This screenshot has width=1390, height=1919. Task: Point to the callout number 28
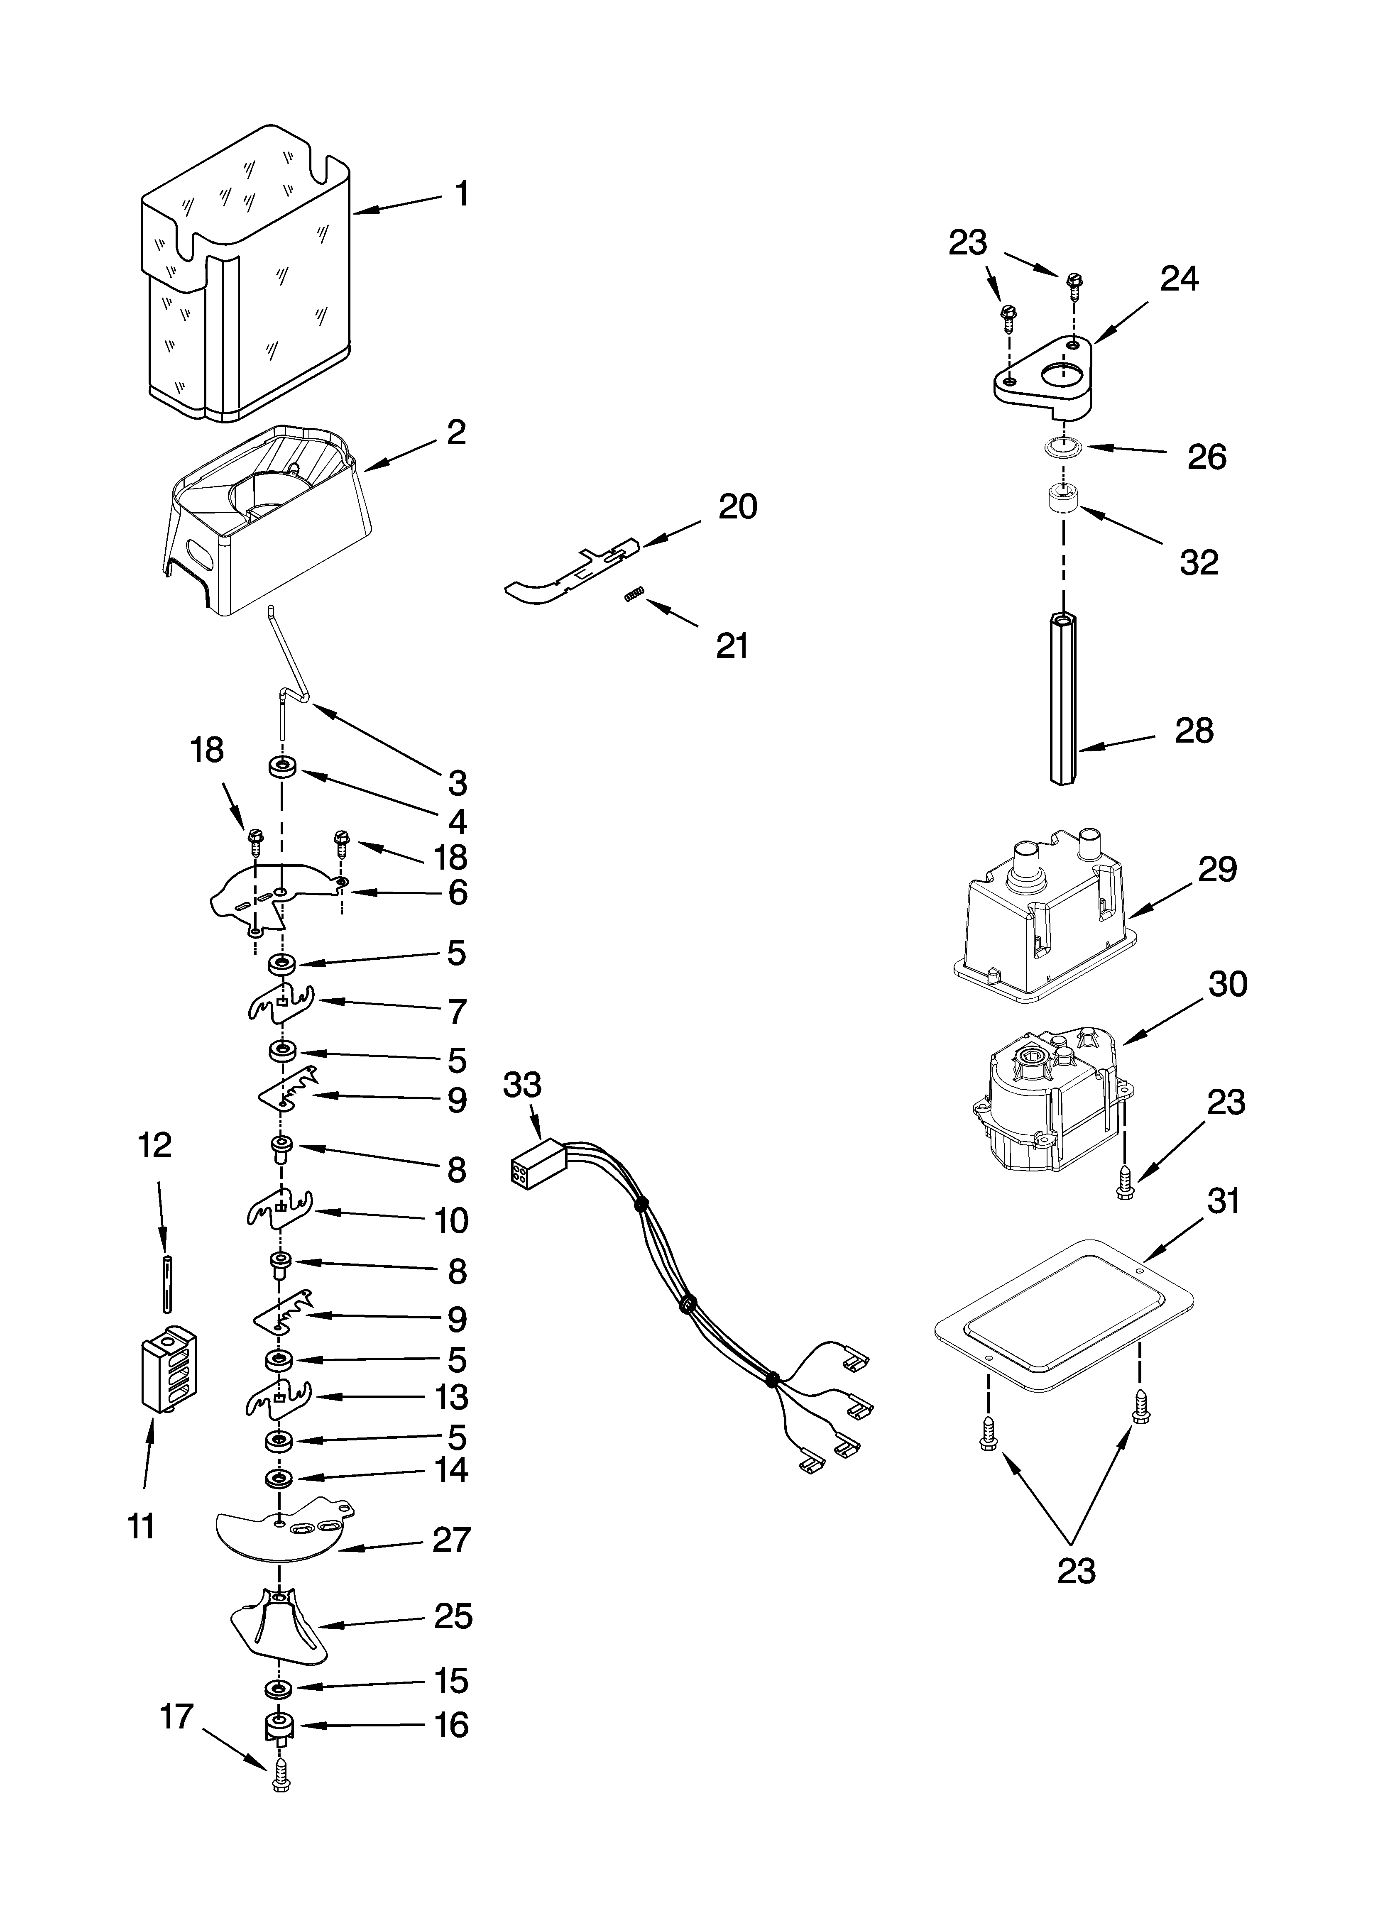click(1194, 731)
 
